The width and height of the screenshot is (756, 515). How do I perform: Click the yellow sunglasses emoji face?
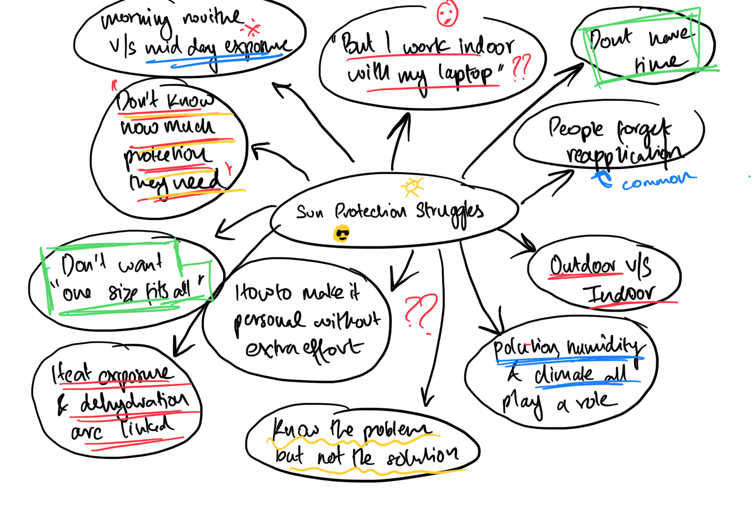click(342, 234)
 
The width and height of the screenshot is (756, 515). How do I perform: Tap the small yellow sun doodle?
click(412, 187)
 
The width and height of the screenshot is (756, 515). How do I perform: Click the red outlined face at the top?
click(447, 13)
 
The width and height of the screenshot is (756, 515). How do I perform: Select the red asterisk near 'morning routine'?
click(253, 29)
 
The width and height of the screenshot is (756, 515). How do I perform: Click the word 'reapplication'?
click(624, 154)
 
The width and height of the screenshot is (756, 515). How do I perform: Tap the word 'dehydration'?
click(134, 403)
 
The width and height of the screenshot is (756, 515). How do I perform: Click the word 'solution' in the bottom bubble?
click(422, 457)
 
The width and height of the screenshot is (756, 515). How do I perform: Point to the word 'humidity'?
click(605, 348)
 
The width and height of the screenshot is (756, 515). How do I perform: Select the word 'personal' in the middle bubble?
click(269, 321)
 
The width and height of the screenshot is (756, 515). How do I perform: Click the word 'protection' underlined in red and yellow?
click(167, 155)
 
